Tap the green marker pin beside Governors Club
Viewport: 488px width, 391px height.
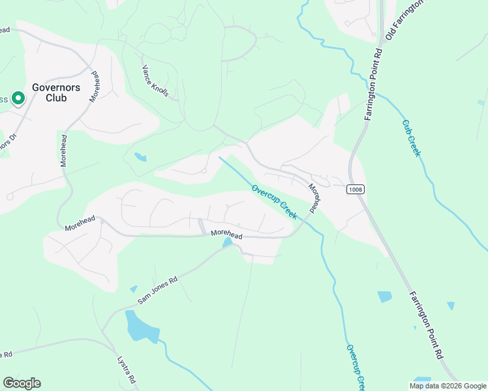coord(18,98)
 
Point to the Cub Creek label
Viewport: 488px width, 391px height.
coord(412,138)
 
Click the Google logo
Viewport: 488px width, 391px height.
coord(22,383)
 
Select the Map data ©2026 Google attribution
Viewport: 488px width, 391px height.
coord(448,386)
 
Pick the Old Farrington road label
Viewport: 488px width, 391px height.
coord(404,20)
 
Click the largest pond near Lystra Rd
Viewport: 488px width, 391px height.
coord(141,327)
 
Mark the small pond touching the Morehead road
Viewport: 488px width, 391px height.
coord(227,243)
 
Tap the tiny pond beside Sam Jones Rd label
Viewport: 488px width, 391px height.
coord(134,289)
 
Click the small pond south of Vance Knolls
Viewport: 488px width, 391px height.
coord(140,156)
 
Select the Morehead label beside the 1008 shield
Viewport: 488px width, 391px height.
coord(314,198)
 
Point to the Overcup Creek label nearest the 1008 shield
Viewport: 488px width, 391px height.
coord(275,201)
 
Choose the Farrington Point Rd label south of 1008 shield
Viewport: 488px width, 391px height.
coord(426,325)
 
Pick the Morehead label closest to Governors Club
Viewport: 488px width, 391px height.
coord(95,85)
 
